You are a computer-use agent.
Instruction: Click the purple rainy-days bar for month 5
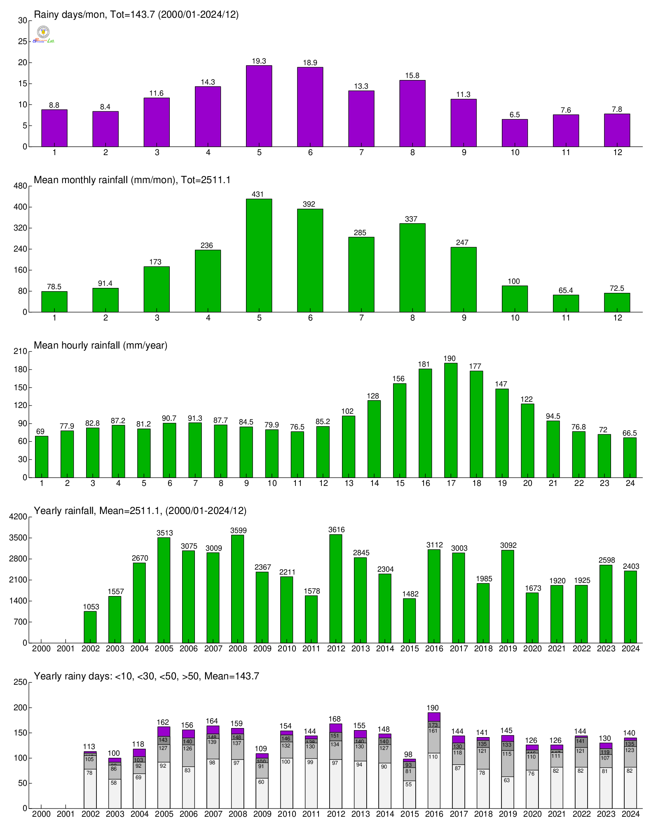tap(259, 106)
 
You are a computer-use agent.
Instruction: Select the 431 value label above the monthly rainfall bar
tap(258, 194)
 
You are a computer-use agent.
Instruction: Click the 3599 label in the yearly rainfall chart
tap(238, 530)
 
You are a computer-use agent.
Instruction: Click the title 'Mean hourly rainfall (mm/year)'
tap(101, 345)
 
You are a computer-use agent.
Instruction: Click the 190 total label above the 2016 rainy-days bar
tap(433, 708)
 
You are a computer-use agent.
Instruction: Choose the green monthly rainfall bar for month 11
tap(566, 303)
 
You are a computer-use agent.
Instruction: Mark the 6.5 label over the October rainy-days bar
tap(515, 115)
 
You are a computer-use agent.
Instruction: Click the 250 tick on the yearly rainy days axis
tap(20, 682)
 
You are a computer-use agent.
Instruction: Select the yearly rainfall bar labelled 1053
tap(90, 627)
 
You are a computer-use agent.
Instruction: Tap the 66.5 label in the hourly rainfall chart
tap(630, 433)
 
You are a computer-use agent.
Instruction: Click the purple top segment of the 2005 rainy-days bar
tap(164, 731)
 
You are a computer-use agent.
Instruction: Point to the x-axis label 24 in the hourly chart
tap(630, 483)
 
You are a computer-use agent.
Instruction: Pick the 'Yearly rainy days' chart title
tap(146, 676)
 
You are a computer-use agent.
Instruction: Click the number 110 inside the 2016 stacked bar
tap(433, 757)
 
